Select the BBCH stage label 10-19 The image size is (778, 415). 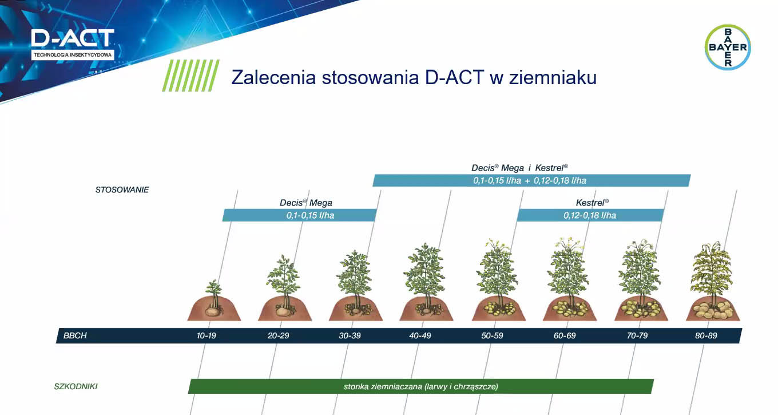pos(207,335)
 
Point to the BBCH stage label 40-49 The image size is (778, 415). pos(420,335)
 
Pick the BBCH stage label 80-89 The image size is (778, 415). pos(706,335)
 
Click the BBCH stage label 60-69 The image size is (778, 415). pos(565,335)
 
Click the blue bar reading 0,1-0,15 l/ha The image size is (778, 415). pos(299,215)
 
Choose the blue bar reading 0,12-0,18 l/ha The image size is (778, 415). pos(590,215)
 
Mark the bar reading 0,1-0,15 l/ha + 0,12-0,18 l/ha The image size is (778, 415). pos(531,180)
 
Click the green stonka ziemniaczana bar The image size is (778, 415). pos(420,386)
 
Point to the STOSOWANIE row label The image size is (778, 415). pos(122,189)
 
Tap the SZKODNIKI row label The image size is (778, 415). pos(72,386)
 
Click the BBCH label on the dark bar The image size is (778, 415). pos(76,335)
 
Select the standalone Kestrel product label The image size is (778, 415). pos(592,203)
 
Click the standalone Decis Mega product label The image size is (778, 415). pos(305,203)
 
